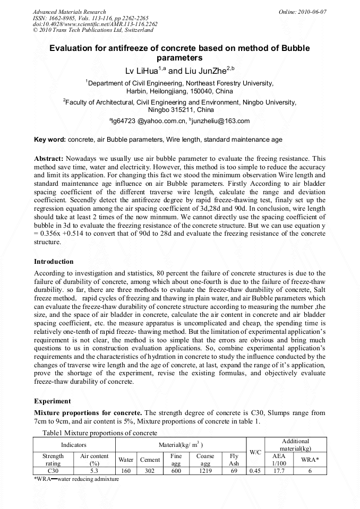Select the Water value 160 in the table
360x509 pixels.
(x=126, y=470)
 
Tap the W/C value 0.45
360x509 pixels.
(x=255, y=470)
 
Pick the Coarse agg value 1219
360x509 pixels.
(x=205, y=470)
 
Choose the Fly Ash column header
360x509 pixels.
(x=234, y=460)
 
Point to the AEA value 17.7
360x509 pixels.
(x=278, y=470)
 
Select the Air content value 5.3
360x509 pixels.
(x=94, y=470)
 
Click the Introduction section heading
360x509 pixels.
(x=54, y=262)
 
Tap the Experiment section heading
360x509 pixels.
(x=52, y=401)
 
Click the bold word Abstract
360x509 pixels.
(x=49, y=159)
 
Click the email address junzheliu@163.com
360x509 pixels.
(x=221, y=121)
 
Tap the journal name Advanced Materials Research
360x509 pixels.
(x=69, y=12)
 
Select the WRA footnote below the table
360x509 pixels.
(x=76, y=479)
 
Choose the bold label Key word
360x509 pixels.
(x=50, y=140)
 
